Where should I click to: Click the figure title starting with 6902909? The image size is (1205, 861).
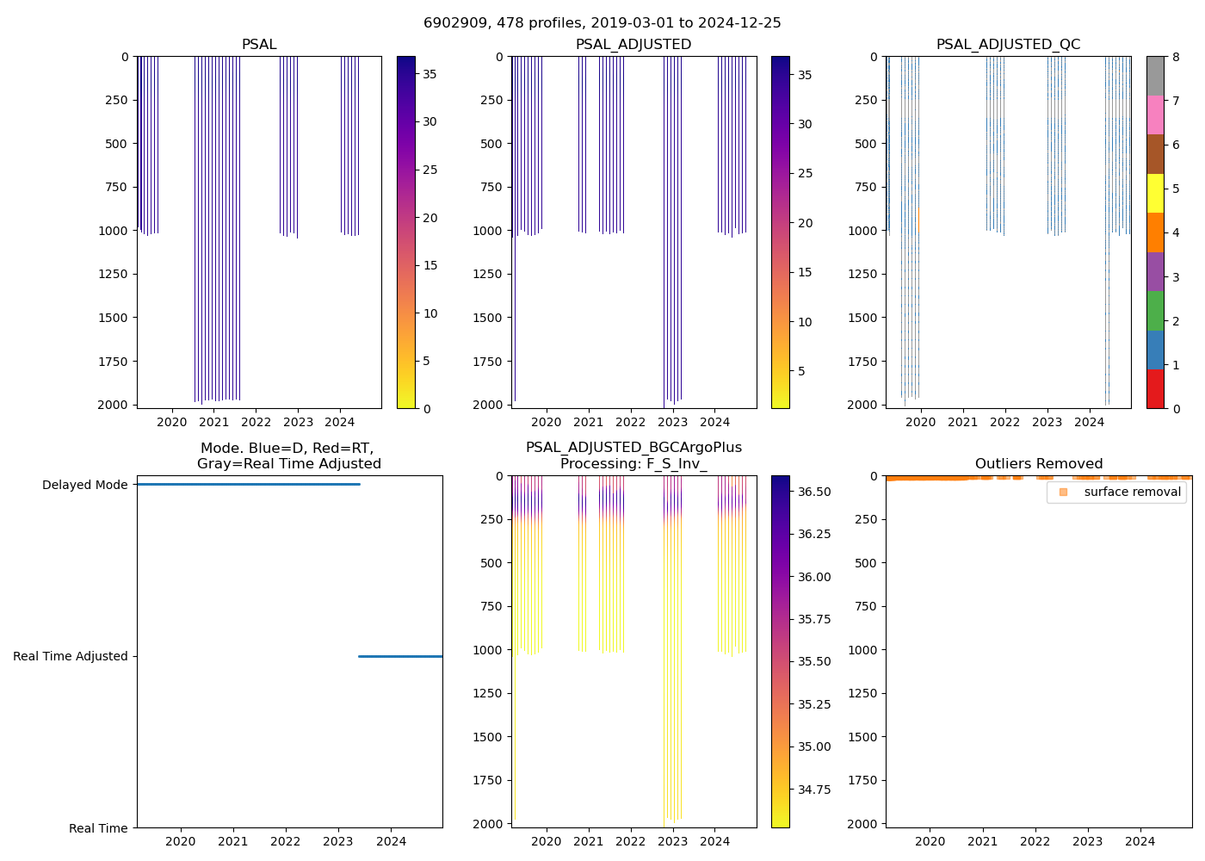coord(602,23)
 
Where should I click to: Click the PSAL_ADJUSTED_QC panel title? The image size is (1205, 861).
coord(1008,45)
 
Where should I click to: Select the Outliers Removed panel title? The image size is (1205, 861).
coord(1039,464)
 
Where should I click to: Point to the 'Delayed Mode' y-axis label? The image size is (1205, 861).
coord(84,485)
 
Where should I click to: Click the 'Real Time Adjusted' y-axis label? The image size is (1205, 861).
coord(71,656)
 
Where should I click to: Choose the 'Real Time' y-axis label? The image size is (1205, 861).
coord(98,828)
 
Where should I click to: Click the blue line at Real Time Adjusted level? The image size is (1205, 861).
coord(400,656)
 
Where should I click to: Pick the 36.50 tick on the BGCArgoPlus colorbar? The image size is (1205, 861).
coord(814,492)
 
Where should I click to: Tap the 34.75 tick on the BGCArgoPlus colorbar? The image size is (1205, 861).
coord(814,790)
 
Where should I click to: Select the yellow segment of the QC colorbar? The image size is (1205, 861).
coord(1155,194)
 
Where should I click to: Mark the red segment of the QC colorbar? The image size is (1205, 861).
coord(1155,389)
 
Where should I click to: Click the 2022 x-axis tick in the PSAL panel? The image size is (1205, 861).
coord(256,422)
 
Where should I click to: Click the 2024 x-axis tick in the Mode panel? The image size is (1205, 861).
coord(392,841)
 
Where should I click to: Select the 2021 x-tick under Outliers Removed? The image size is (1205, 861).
coord(983,841)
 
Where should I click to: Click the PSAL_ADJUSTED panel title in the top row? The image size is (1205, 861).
coord(633,45)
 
